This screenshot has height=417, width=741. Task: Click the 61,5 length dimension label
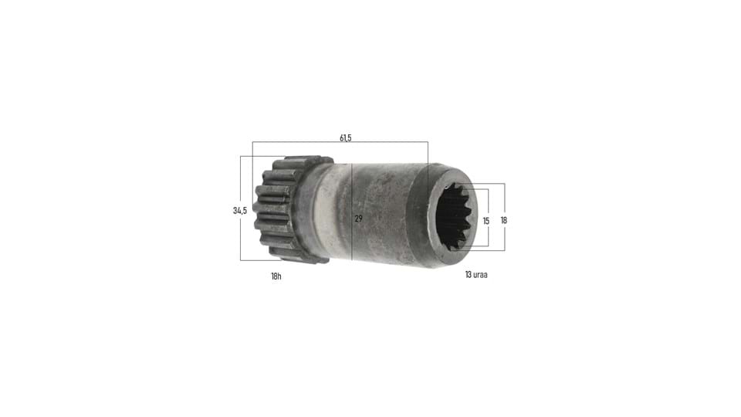pos(346,138)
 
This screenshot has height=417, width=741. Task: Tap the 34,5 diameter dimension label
pos(239,210)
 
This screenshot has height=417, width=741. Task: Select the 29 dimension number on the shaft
pos(358,219)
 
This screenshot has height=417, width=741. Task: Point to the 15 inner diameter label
pos(486,221)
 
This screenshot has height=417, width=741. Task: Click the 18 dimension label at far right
pos(504,220)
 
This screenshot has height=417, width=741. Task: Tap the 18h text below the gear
pos(276,276)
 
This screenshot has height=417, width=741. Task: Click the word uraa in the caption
pos(481,275)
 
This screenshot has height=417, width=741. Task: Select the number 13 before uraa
pos(469,275)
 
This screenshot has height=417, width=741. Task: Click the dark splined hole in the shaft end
pos(456,215)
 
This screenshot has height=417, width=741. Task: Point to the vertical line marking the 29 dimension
pos(352,212)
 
